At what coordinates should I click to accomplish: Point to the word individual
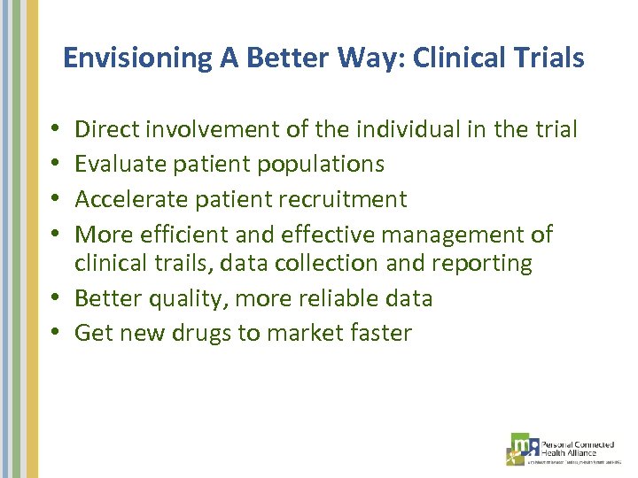tap(402, 130)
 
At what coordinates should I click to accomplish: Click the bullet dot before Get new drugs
tap(56, 334)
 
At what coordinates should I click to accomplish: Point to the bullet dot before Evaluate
tap(56, 165)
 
